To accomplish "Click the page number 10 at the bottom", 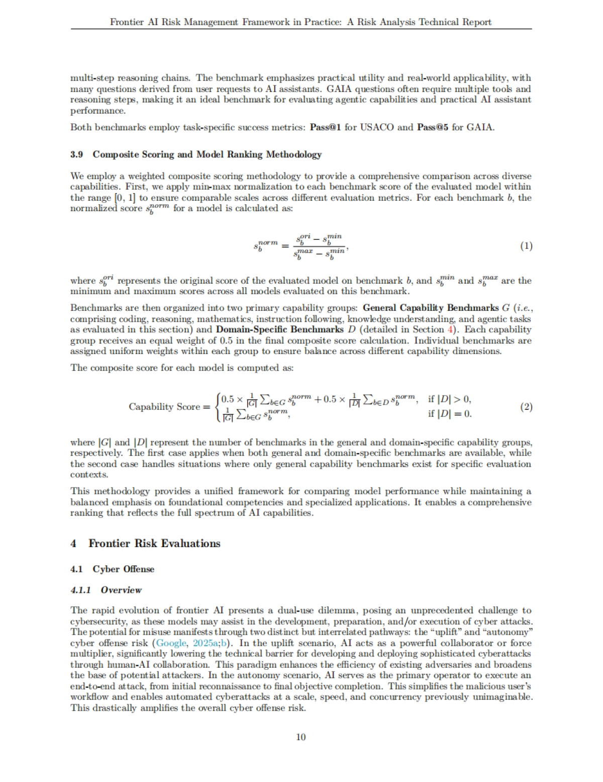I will point(301,737).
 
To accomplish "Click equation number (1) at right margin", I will point(526,246).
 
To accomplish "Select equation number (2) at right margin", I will point(526,407).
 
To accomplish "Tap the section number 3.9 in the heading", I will point(76,154).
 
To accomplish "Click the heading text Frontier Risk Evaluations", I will point(154,544).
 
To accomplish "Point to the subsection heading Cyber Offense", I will point(123,569).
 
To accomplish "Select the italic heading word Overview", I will point(121,590).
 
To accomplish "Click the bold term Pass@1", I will point(326,127).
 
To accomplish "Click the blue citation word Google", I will point(171,643).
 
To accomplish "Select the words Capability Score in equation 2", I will point(164,407).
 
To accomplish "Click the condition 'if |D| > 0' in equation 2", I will point(449,400).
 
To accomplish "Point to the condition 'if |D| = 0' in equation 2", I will point(449,414).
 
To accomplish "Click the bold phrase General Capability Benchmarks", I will point(430,308).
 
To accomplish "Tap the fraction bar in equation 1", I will point(319,246).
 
